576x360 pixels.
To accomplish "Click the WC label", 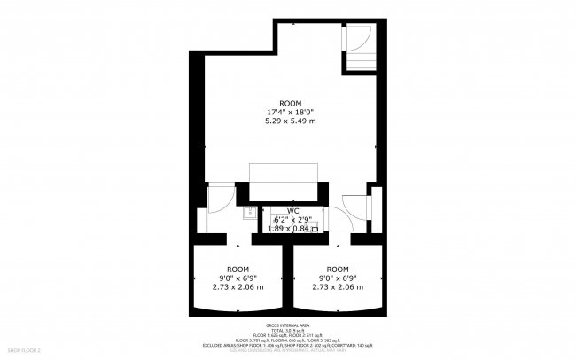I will pyautogui.click(x=292, y=211).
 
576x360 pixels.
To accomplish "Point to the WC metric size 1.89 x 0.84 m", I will pyautogui.click(x=292, y=228).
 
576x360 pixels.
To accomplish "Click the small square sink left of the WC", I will pyautogui.click(x=250, y=212).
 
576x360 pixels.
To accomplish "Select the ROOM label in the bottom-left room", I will pyautogui.click(x=237, y=269).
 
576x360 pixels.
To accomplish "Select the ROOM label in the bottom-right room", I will pyautogui.click(x=337, y=269).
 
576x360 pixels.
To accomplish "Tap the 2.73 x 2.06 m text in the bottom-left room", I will pyautogui.click(x=237, y=286).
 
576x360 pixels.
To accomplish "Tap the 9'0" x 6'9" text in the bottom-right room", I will pyautogui.click(x=337, y=278).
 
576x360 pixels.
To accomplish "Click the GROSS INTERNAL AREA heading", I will pyautogui.click(x=288, y=326).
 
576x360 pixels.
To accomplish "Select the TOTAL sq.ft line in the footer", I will pyautogui.click(x=288, y=332).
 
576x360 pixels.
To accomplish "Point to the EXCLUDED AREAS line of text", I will pyautogui.click(x=288, y=344).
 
